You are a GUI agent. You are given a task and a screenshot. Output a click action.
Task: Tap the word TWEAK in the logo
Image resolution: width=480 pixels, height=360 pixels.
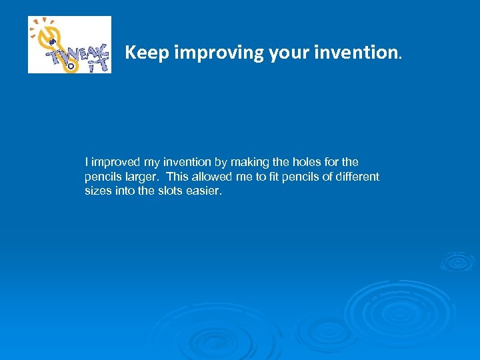click(x=73, y=49)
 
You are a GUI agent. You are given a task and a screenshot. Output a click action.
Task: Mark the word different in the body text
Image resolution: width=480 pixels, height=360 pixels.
click(x=357, y=177)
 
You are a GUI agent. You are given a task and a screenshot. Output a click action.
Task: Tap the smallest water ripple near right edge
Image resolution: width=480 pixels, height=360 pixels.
click(x=457, y=261)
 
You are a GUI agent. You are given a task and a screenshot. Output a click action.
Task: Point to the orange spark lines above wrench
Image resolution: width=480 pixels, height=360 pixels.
click(x=40, y=24)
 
